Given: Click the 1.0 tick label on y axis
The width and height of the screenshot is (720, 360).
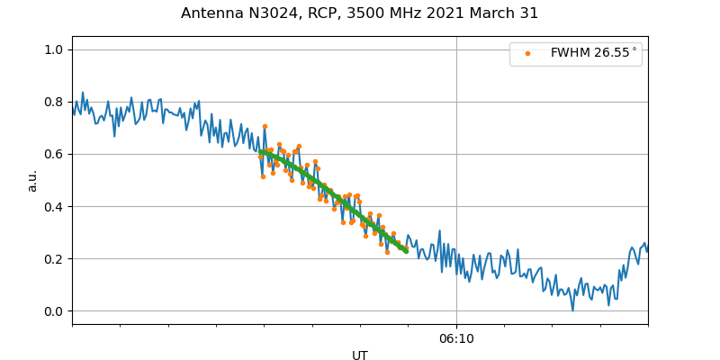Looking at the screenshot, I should pyautogui.click(x=55, y=49).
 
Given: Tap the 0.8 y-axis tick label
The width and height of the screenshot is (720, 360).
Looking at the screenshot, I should pyautogui.click(x=55, y=102).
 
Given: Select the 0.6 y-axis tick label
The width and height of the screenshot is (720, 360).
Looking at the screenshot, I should pyautogui.click(x=55, y=154).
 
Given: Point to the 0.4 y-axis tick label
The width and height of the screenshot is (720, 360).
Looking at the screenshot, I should pyautogui.click(x=55, y=206).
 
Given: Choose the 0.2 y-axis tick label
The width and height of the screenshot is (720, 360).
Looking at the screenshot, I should pyautogui.click(x=55, y=259).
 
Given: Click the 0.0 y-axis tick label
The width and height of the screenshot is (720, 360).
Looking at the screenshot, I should pyautogui.click(x=55, y=311).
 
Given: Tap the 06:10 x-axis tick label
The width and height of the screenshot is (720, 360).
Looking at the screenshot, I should pyautogui.click(x=456, y=339).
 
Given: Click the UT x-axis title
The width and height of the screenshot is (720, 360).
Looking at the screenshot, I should pyautogui.click(x=360, y=355).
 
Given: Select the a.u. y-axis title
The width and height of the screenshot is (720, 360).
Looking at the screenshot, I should pyautogui.click(x=32, y=180).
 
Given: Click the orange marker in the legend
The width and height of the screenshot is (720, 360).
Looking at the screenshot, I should pyautogui.click(x=528, y=54).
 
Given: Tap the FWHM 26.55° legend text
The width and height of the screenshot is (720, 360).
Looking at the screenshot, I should pyautogui.click(x=593, y=53).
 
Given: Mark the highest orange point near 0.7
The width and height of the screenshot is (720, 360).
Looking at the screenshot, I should pyautogui.click(x=265, y=127).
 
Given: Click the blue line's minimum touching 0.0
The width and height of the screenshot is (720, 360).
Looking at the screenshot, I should pyautogui.click(x=572, y=310).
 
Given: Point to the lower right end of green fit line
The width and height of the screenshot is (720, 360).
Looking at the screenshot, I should pyautogui.click(x=406, y=251).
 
